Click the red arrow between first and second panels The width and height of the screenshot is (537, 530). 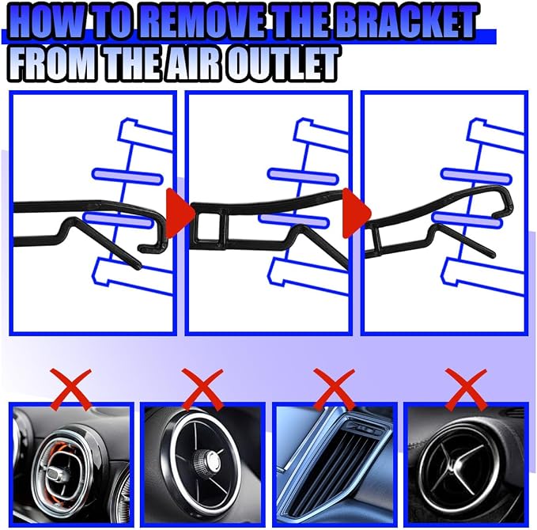(179, 213)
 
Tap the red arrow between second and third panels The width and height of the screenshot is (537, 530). (356, 213)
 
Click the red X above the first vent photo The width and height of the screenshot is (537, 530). (71, 389)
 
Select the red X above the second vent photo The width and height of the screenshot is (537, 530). (202, 389)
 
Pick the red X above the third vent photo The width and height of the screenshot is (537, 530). (334, 389)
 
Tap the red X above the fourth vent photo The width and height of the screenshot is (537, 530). (466, 389)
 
